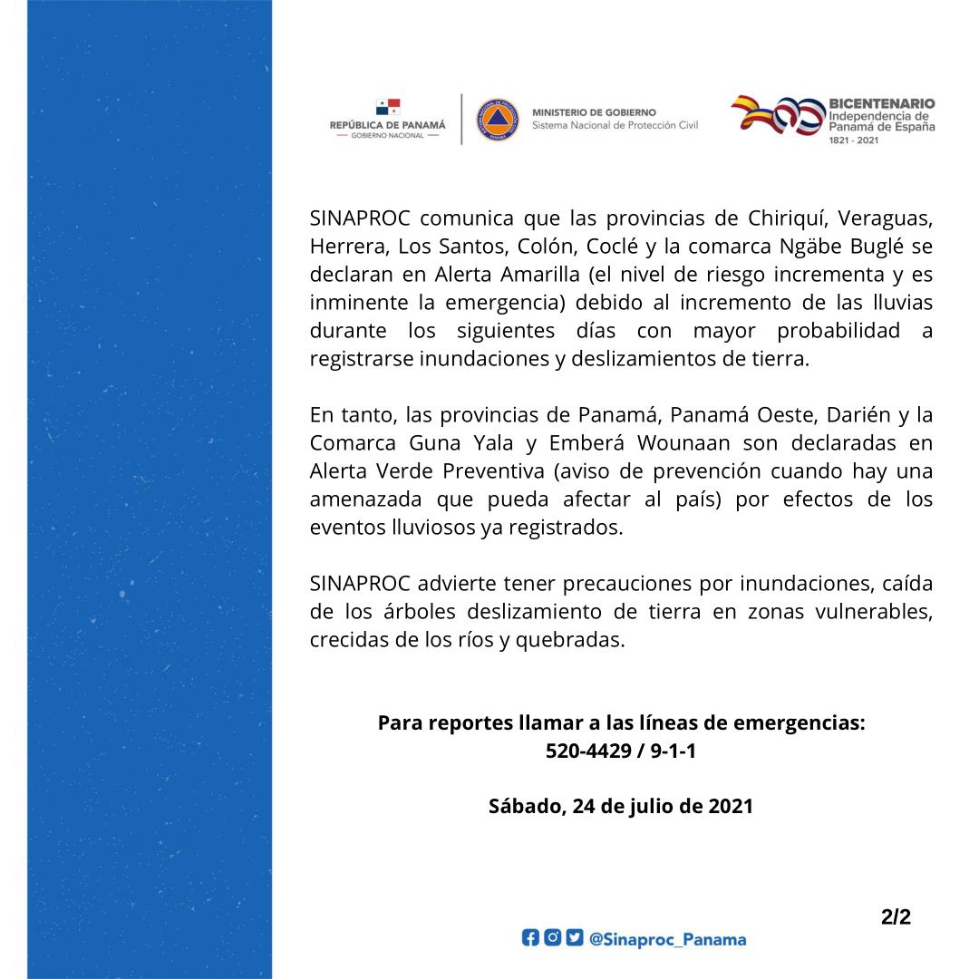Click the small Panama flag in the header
click(x=388, y=107)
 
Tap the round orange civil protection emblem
click(x=498, y=119)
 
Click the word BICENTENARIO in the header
click(x=881, y=104)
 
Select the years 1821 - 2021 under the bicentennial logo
click(x=854, y=142)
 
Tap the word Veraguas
click(x=886, y=219)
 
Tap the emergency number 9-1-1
click(x=670, y=751)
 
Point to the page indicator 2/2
click(x=896, y=917)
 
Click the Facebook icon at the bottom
click(x=529, y=938)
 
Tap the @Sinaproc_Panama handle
click(x=667, y=939)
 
